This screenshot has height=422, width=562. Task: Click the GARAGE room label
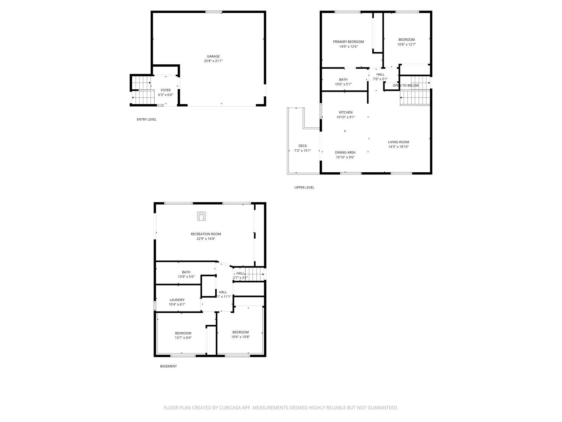(x=213, y=56)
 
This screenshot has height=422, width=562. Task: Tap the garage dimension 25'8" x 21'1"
(x=213, y=61)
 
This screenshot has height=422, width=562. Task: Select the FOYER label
(x=165, y=90)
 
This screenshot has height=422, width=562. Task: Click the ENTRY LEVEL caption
(x=146, y=120)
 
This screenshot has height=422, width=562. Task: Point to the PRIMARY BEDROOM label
(x=348, y=42)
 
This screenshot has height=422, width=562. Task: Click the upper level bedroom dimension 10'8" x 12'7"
(x=406, y=45)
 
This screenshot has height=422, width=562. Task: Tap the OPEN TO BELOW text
(x=406, y=85)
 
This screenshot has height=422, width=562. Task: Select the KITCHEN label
(x=346, y=113)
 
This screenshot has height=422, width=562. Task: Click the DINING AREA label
(x=345, y=153)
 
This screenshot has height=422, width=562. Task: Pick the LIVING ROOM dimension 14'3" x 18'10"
(x=398, y=147)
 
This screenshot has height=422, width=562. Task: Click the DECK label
(x=302, y=146)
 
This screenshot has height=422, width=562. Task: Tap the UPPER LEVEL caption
(x=304, y=187)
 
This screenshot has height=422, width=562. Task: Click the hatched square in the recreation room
(x=201, y=216)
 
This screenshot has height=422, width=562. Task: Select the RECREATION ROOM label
(x=206, y=234)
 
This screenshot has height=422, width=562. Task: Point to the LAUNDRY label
(x=177, y=300)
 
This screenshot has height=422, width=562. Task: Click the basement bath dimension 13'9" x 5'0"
(x=186, y=277)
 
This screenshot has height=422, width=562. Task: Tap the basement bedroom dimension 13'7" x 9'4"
(x=183, y=338)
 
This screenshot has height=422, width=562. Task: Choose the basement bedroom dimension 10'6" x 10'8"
(x=240, y=337)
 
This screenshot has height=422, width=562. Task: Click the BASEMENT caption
(x=168, y=366)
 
